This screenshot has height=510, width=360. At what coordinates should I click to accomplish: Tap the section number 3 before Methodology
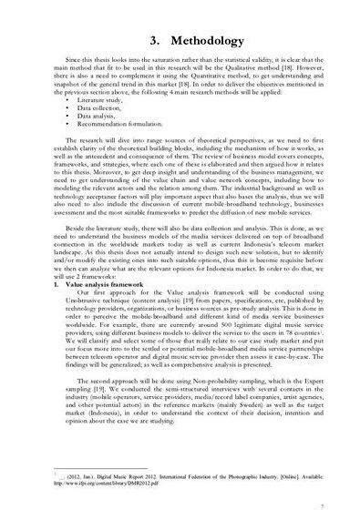tap(128, 43)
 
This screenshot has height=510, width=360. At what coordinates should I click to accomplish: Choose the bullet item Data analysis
tap(96, 138)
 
